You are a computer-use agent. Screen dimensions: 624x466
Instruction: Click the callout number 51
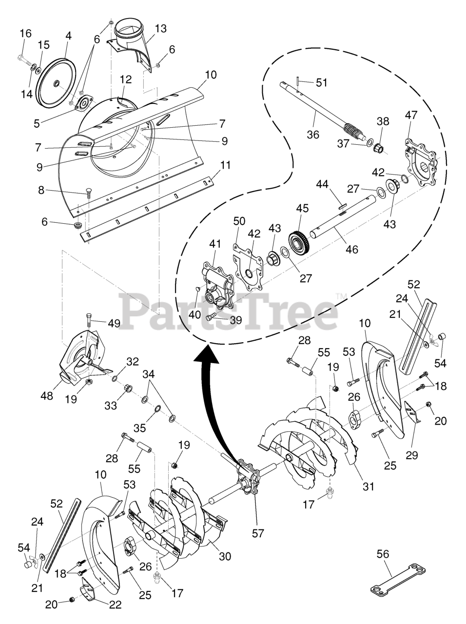click(x=322, y=83)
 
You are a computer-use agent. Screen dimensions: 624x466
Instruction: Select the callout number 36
click(x=313, y=135)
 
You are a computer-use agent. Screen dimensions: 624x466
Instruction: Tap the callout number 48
click(x=47, y=397)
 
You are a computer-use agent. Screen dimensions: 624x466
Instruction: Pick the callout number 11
click(x=225, y=165)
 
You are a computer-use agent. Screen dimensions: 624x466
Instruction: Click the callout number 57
click(x=257, y=533)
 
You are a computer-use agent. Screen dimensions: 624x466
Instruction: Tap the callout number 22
click(x=116, y=605)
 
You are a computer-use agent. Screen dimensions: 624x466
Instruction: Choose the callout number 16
click(x=25, y=34)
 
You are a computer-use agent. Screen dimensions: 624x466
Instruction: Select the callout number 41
click(x=215, y=243)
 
